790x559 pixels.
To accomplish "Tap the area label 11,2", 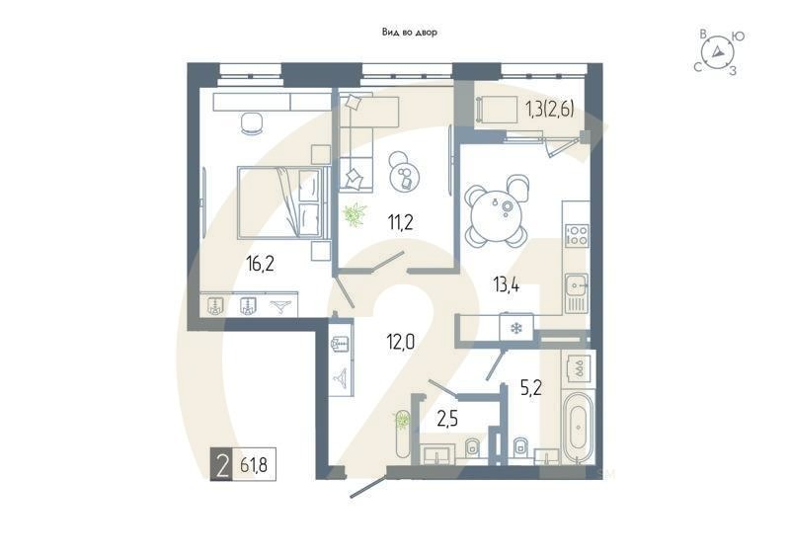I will click(x=400, y=222).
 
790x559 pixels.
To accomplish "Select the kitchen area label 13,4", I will click(x=507, y=285).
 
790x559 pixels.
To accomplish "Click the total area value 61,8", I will click(x=256, y=462).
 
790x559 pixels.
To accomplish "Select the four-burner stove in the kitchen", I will click(x=576, y=236).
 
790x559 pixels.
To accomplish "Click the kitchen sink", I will click(x=577, y=286).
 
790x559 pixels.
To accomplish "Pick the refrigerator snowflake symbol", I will click(x=515, y=327).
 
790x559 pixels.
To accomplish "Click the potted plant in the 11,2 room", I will click(x=354, y=212).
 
